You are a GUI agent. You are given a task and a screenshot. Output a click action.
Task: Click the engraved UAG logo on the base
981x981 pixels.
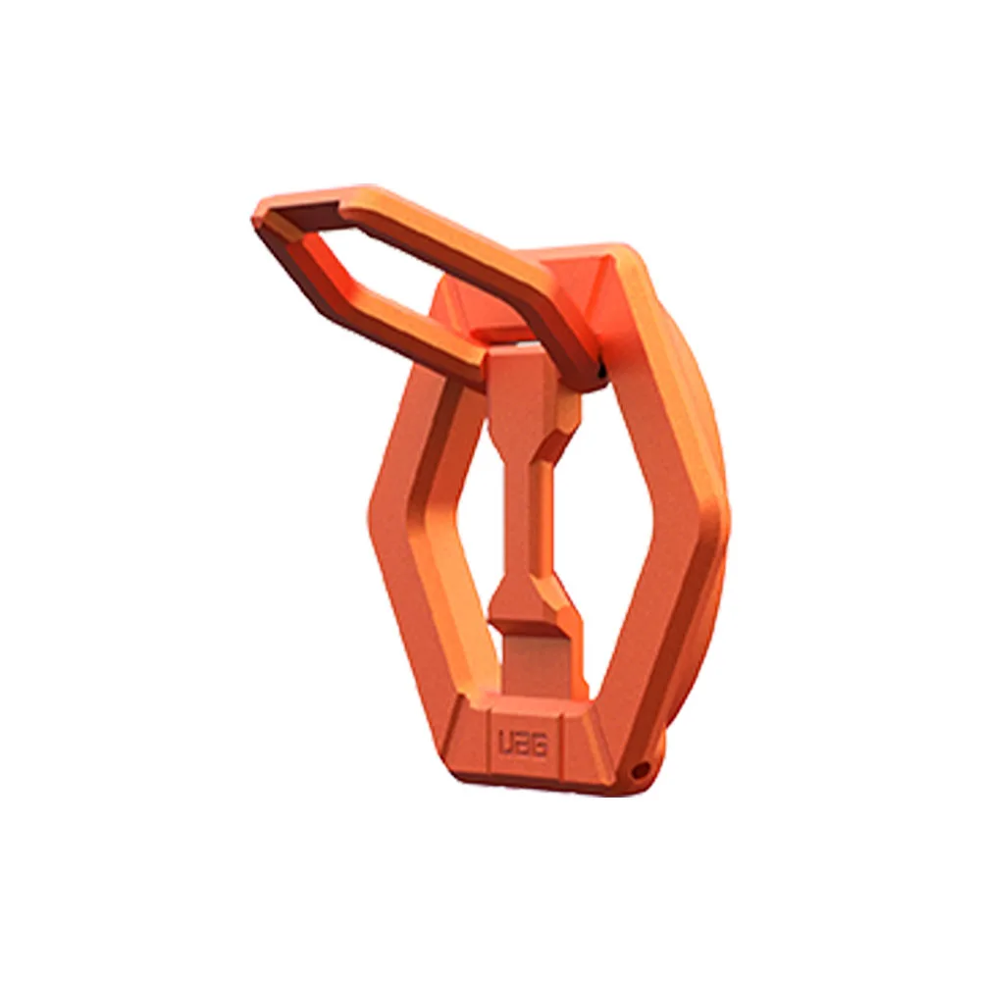pos(523,746)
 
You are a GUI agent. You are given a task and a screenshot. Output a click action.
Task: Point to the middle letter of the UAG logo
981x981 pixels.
pos(523,746)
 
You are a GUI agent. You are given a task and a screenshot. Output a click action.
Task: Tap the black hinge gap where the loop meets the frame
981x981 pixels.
pos(600,372)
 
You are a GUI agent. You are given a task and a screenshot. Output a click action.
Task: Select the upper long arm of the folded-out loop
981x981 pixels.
pos(438,250)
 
